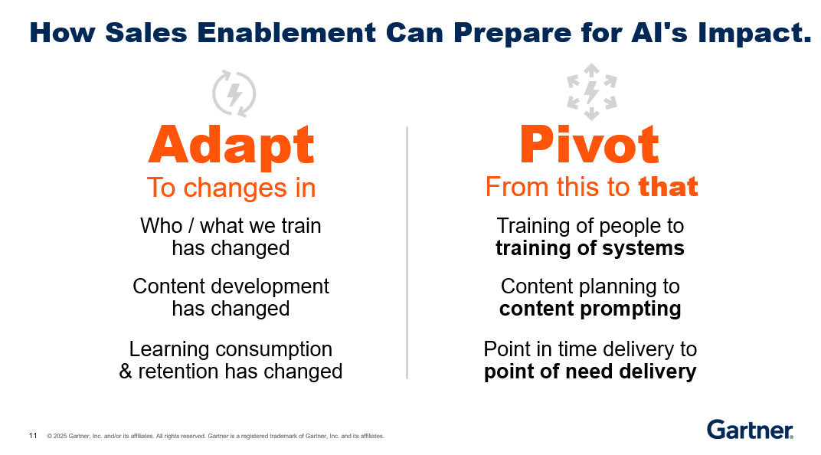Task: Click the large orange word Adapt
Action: [231, 146]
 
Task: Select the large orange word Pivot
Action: [589, 145]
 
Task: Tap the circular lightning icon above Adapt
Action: [234, 93]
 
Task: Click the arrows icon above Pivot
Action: [592, 92]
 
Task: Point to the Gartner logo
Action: [750, 430]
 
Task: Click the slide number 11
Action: [33, 436]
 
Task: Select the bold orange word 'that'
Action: [668, 187]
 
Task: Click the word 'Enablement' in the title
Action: [286, 32]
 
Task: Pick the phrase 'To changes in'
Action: [231, 188]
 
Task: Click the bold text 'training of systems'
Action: [590, 248]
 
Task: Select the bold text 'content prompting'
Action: [590, 309]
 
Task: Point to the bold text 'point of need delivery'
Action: [590, 372]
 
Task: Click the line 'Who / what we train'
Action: [231, 226]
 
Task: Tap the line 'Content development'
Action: [231, 286]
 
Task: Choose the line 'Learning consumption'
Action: [231, 349]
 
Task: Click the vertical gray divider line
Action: [407, 252]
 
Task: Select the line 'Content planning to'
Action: [590, 286]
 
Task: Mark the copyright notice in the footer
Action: [215, 436]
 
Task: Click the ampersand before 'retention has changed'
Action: [125, 372]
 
